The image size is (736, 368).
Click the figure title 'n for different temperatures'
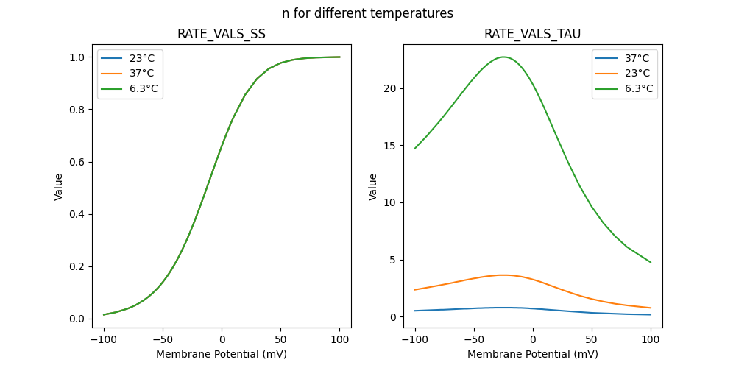pos(367,13)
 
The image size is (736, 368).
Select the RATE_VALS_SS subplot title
pos(222,34)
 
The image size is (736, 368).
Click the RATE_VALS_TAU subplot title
pos(533,34)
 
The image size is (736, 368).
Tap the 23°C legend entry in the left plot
pos(141,57)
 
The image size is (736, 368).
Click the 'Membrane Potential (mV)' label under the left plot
pos(222,354)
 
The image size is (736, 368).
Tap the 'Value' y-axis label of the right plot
pos(373,186)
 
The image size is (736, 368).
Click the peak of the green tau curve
pos(504,57)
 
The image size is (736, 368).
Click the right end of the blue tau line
pos(651,314)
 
